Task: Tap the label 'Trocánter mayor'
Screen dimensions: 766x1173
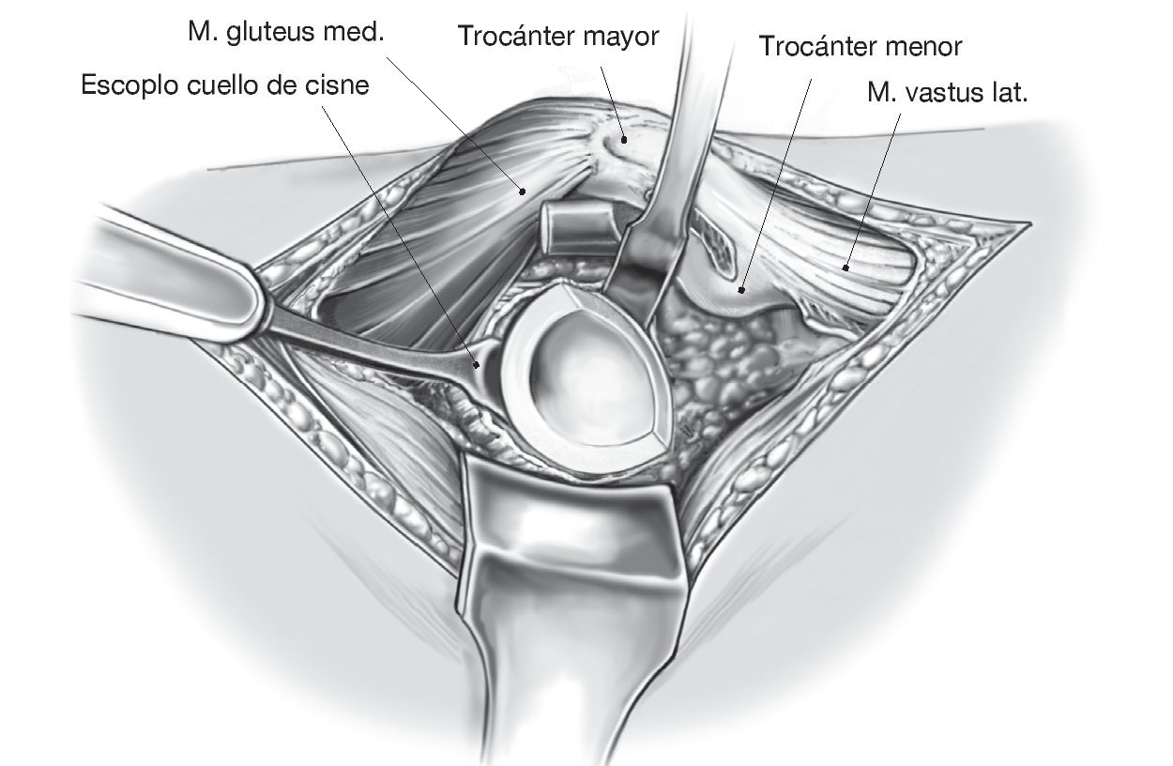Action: [x=557, y=36]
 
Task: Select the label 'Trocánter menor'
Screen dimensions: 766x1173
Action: [x=861, y=45]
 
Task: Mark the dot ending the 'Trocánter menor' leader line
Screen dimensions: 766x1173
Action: [x=742, y=289]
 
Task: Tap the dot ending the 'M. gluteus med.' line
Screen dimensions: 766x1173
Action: [x=521, y=191]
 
